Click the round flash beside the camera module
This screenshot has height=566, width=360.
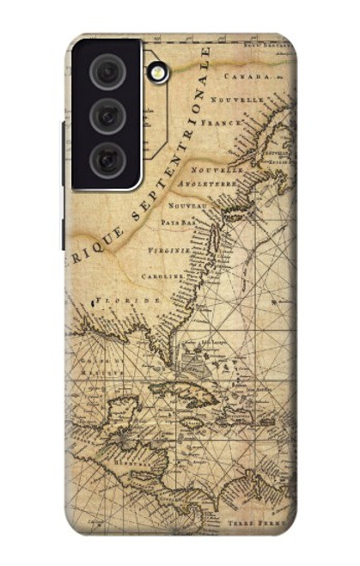(x=157, y=72)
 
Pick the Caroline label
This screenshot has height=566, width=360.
(x=163, y=277)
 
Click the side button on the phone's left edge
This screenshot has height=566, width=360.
(x=62, y=155)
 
